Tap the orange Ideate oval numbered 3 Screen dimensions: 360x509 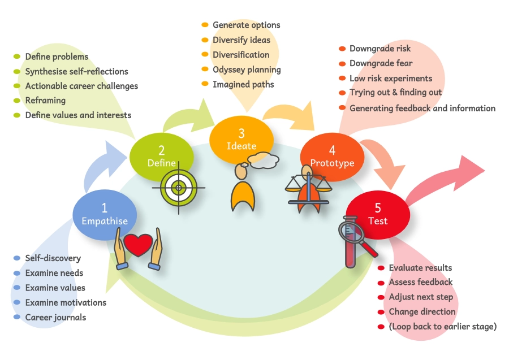click(241, 140)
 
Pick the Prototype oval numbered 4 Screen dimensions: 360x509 click(333, 157)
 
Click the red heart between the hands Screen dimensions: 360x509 click(138, 245)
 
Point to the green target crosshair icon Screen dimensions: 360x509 click(178, 186)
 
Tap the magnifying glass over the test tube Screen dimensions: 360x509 click(353, 233)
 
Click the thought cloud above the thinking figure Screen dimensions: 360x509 click(264, 161)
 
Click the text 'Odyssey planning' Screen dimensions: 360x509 click(247, 70)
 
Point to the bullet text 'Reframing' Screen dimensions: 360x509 click(45, 100)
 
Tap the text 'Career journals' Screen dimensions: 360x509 click(55, 317)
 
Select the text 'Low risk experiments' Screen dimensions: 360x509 click(390, 78)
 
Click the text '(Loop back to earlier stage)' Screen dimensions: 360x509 click(442, 326)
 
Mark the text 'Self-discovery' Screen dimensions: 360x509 click(53, 258)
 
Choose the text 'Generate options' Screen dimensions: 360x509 click(246, 25)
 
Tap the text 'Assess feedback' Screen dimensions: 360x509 click(420, 282)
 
